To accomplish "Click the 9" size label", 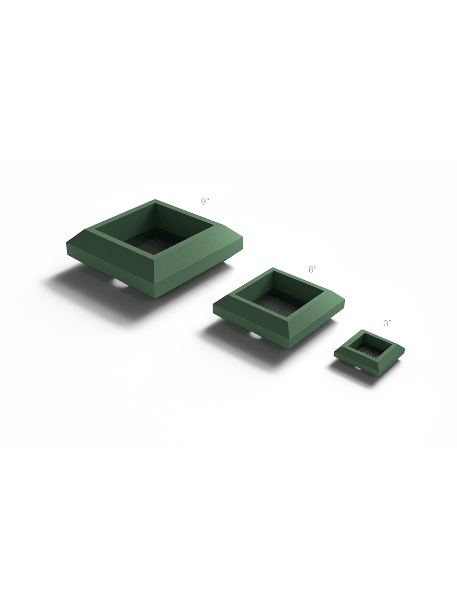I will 205,201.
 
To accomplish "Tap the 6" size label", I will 312,269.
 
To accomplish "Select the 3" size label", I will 387,323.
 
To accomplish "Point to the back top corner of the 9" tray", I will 155,200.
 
